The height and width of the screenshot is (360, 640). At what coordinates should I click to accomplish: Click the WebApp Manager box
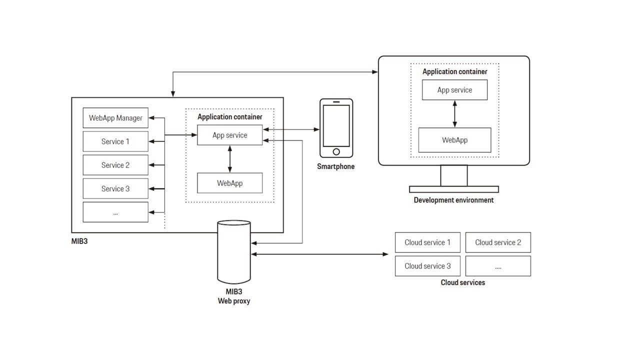tap(115, 118)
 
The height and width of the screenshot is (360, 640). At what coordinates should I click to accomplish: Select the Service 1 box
tap(115, 141)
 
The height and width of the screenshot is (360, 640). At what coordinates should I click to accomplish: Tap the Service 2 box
tap(115, 165)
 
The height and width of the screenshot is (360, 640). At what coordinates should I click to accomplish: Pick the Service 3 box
tap(115, 188)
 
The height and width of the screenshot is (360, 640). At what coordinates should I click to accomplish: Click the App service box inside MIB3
tap(229, 135)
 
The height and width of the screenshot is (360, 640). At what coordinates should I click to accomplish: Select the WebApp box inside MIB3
tap(229, 183)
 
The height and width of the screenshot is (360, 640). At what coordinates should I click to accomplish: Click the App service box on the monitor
tap(454, 90)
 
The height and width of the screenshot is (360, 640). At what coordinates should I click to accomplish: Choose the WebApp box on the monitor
tap(454, 140)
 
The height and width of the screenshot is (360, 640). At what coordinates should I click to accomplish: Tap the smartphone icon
tap(336, 128)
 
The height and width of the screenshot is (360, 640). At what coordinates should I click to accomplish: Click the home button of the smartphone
tap(336, 151)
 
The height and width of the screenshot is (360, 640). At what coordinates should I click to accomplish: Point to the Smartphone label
tap(335, 166)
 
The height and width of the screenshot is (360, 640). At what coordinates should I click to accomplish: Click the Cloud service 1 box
tap(427, 242)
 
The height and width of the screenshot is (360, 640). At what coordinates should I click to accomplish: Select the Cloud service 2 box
tap(498, 242)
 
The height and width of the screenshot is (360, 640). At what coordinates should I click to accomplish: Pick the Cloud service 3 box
tap(427, 266)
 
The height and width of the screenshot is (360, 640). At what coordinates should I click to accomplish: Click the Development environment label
tap(453, 200)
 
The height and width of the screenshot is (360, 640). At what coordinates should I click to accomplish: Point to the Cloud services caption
tap(462, 282)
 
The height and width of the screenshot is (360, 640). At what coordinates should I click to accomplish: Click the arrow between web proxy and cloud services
tap(320, 254)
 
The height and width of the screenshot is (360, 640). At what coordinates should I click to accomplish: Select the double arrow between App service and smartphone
tap(291, 129)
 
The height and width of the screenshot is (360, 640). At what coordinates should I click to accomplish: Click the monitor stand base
tap(453, 189)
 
